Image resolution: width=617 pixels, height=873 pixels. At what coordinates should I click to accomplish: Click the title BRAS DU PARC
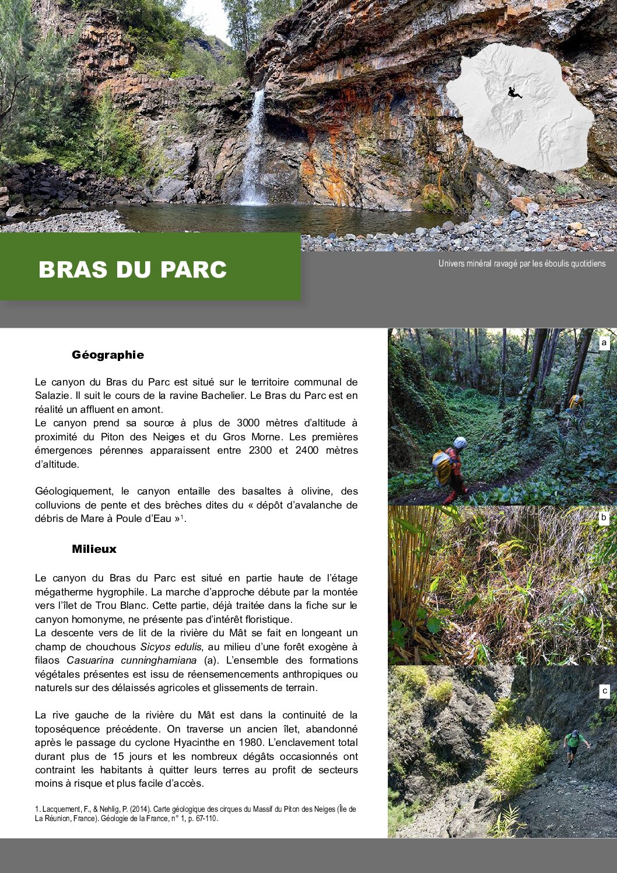tap(132, 269)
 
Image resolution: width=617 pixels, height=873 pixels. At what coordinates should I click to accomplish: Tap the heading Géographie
tap(107, 355)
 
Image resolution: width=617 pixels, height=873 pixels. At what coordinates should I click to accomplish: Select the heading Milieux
tap(94, 549)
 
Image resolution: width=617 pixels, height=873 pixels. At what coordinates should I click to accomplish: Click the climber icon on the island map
tap(514, 92)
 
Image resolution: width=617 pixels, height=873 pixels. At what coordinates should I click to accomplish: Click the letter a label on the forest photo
tap(604, 343)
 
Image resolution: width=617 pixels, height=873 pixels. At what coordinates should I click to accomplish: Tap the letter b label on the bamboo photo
tap(604, 517)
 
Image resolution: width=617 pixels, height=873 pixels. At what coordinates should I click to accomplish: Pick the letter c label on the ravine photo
tap(605, 691)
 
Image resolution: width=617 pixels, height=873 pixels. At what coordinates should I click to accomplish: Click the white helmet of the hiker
tap(460, 443)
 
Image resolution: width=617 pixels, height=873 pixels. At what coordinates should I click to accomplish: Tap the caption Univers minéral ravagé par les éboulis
tap(521, 264)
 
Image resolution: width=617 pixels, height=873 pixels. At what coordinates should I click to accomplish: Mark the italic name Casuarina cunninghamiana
tap(131, 660)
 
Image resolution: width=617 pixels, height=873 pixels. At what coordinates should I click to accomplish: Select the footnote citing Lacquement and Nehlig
tap(195, 814)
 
